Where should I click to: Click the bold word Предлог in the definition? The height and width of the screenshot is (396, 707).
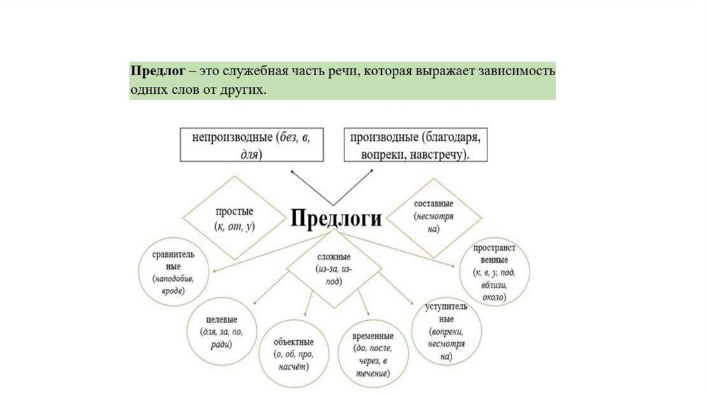pos(156,72)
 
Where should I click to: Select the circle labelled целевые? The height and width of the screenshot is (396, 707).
pos(222,336)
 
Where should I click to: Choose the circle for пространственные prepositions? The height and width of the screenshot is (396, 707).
pos(491,271)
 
